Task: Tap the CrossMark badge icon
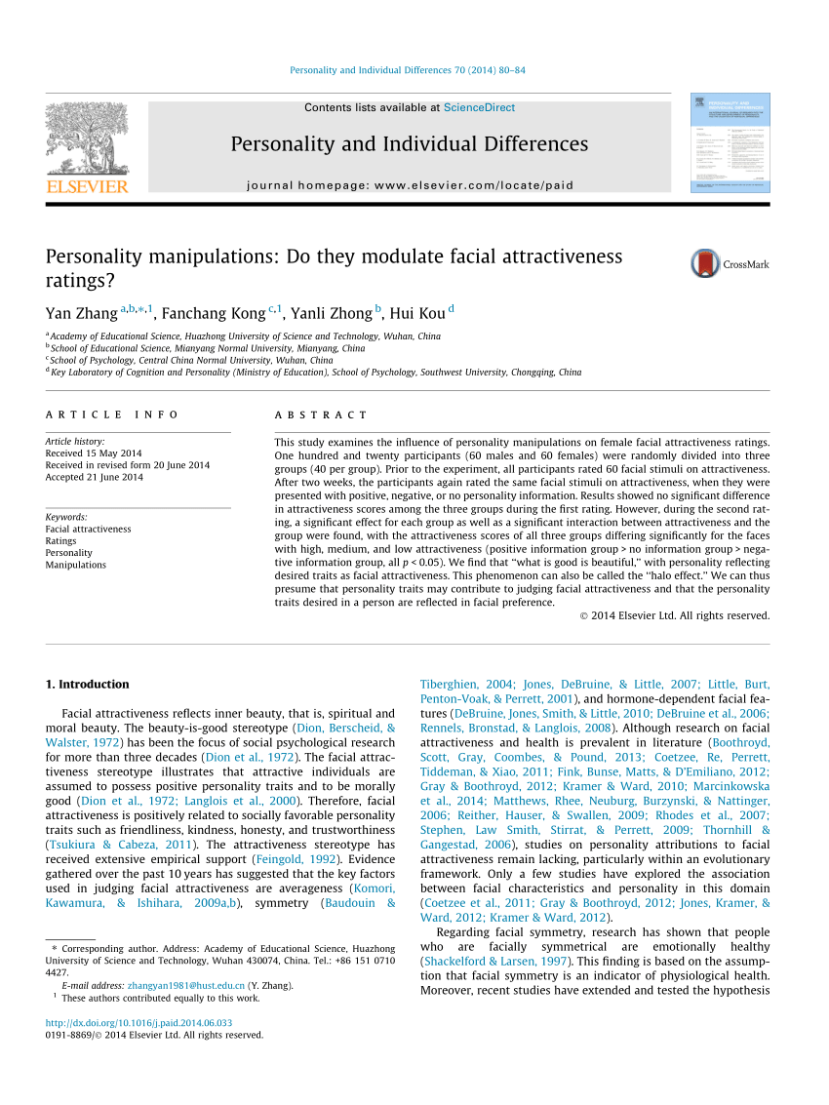[x=705, y=263]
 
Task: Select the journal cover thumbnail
[x=730, y=142]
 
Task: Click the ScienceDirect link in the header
[x=479, y=107]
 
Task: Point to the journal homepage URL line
[x=410, y=185]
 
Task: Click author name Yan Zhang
[x=82, y=313]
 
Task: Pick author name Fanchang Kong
[x=214, y=313]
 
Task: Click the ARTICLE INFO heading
[x=112, y=414]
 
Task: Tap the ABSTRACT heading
[x=321, y=414]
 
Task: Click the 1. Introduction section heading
[x=88, y=684]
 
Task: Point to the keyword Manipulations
[x=76, y=565]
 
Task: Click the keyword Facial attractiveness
[x=88, y=529]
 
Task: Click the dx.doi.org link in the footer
[x=139, y=1023]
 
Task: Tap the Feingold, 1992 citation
[x=296, y=858]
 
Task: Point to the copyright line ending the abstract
[x=674, y=615]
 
